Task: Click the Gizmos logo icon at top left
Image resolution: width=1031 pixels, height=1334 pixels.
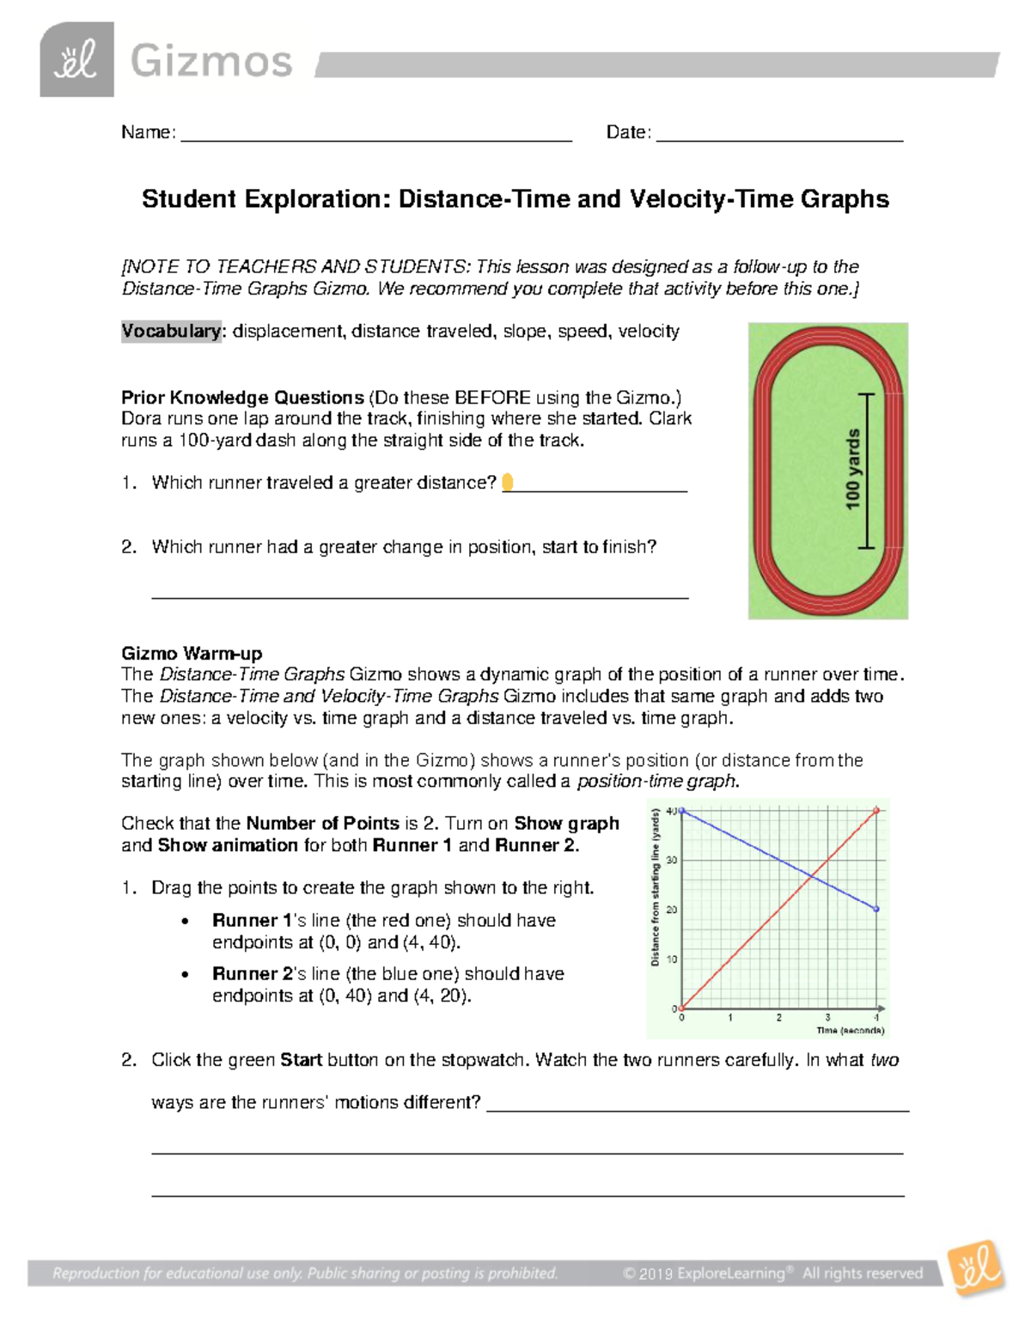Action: [x=76, y=59]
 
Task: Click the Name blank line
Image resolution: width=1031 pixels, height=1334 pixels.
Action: [x=375, y=137]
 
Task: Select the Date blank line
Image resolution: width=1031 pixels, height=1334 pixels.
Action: [x=778, y=137]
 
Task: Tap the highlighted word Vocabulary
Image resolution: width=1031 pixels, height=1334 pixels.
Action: [x=171, y=332]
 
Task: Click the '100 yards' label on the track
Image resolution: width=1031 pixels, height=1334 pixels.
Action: [x=852, y=469]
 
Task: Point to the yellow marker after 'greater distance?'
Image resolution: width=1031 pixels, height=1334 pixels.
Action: [x=507, y=482]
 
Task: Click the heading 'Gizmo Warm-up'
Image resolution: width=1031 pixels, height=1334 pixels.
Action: [x=192, y=653]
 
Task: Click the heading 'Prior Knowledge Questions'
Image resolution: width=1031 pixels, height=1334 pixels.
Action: [x=242, y=398]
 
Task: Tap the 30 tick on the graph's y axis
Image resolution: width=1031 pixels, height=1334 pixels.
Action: [x=672, y=860]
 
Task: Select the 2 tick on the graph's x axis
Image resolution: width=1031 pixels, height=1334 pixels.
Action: [x=779, y=1018]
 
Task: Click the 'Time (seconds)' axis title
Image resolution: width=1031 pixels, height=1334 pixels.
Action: [x=850, y=1030]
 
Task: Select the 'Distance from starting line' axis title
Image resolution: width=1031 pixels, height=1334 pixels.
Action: [x=656, y=886]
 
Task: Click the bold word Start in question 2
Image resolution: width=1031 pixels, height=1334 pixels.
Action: [x=301, y=1060]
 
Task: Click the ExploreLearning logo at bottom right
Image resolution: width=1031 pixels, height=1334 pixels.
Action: [x=975, y=1268]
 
